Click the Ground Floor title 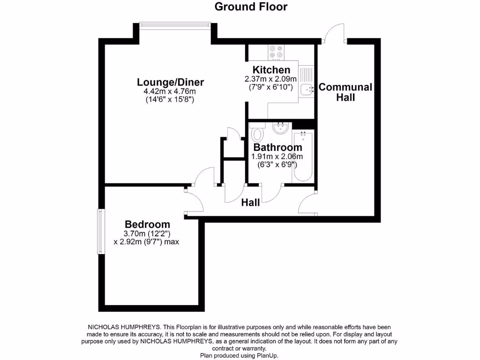[x=251, y=7]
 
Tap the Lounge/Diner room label [x=170, y=82]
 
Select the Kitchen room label [x=268, y=70]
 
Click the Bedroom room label [x=147, y=224]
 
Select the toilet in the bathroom [x=257, y=135]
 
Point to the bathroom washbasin [x=281, y=127]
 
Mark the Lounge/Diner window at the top [x=175, y=25]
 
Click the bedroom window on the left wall [x=100, y=232]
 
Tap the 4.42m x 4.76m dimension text [x=170, y=91]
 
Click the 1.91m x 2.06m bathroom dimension [x=277, y=157]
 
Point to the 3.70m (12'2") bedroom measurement [x=147, y=233]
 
